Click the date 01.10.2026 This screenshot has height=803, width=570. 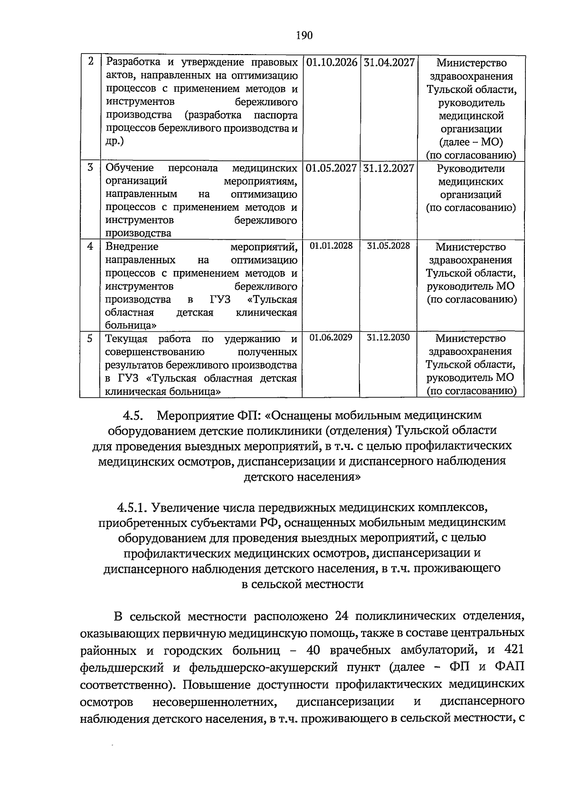click(332, 63)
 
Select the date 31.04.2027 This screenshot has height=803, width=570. click(389, 63)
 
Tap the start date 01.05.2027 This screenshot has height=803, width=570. click(332, 168)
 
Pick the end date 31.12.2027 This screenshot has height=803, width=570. click(389, 168)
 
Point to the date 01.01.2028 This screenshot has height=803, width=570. click(331, 246)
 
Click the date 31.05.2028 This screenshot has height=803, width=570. click(388, 246)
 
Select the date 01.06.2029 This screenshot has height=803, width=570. click(331, 337)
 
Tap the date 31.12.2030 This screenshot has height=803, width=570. click(388, 337)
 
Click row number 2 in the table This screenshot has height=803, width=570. click(90, 62)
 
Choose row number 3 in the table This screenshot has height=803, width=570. click(90, 168)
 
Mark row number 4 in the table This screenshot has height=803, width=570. click(90, 246)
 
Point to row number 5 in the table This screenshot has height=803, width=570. click(90, 338)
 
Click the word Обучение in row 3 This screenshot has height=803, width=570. click(129, 168)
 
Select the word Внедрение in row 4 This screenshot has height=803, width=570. click(132, 247)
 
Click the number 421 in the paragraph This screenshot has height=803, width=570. click(513, 650)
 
